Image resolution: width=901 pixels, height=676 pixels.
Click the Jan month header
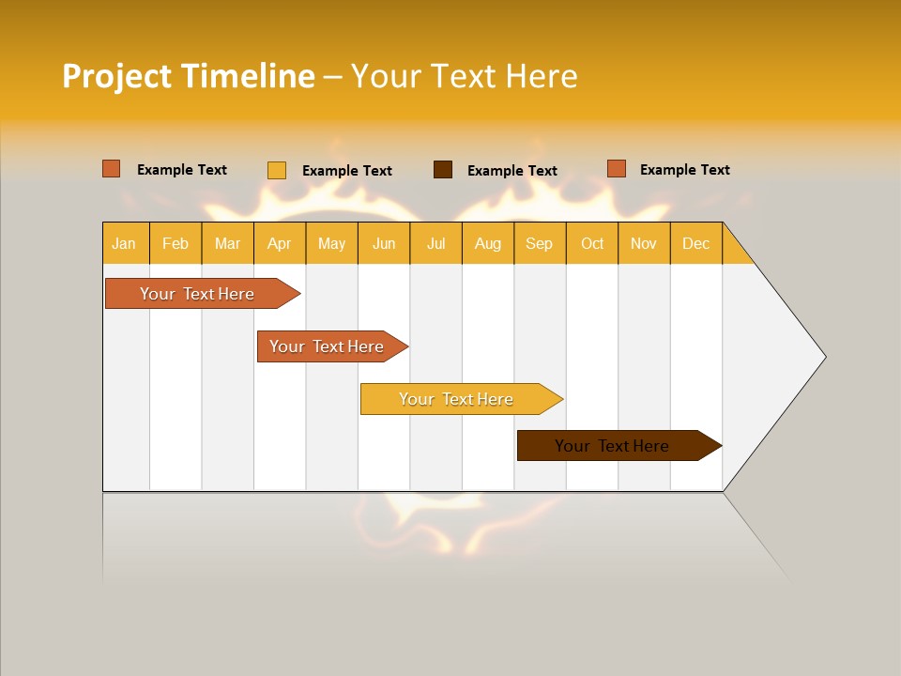[125, 243]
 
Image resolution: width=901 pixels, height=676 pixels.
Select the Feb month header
[176, 243]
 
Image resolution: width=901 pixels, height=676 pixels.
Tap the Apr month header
[280, 243]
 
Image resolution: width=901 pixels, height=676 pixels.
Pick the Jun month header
[384, 243]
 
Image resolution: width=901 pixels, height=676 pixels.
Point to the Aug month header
[488, 243]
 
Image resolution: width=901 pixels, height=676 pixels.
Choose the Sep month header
[540, 243]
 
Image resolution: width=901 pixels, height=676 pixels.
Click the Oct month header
[592, 243]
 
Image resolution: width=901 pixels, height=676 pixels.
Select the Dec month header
[696, 243]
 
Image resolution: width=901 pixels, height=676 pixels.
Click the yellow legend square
[277, 170]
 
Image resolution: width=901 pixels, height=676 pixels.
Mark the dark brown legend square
[443, 170]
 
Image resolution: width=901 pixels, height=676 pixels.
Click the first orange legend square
[112, 169]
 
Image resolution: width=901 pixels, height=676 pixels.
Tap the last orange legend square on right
[617, 169]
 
